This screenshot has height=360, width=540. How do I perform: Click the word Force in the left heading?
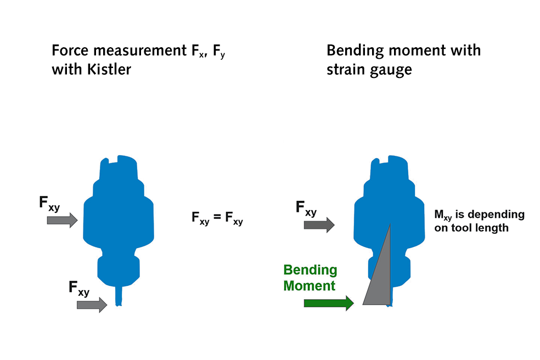click(x=69, y=51)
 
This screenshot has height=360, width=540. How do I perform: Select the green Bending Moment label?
click(x=310, y=278)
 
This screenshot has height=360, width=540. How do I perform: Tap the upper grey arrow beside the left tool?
click(x=63, y=220)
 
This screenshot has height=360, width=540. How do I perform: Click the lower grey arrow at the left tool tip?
click(x=92, y=304)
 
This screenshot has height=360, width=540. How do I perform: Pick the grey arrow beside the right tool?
click(x=319, y=224)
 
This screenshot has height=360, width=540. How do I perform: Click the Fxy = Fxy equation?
click(x=217, y=218)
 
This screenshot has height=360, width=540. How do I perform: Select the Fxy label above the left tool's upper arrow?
click(x=49, y=203)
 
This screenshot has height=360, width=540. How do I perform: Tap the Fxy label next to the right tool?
click(x=306, y=208)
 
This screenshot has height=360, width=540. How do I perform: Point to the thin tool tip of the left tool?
click(x=118, y=296)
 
